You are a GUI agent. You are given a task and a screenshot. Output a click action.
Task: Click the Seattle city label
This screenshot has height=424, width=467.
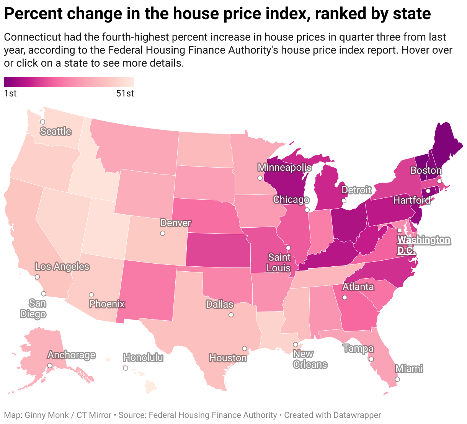(x=56, y=131)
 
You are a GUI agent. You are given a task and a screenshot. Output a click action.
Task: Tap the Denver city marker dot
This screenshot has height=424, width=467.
(x=163, y=233)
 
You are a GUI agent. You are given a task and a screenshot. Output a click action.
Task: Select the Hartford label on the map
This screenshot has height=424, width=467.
(x=411, y=200)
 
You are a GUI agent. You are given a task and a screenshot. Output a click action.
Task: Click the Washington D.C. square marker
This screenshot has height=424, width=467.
(x=399, y=230)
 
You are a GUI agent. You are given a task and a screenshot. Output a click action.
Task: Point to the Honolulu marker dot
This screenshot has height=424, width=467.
(x=126, y=368)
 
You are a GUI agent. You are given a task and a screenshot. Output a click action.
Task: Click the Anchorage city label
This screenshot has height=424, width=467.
(x=71, y=355)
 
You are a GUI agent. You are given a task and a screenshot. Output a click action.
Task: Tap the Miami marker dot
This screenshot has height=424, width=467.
(x=397, y=379)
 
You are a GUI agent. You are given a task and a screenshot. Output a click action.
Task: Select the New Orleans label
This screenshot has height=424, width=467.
(x=310, y=359)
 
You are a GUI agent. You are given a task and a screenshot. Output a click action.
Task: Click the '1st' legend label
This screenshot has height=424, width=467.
(x=10, y=94)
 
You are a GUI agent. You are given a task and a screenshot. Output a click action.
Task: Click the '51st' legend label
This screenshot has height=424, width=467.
(x=125, y=94)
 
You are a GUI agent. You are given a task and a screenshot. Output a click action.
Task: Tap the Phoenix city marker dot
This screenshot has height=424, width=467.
(x=91, y=295)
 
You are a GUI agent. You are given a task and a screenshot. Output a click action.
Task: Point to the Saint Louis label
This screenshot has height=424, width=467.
(x=279, y=262)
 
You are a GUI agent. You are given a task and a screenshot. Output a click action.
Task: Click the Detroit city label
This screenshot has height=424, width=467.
(x=356, y=190)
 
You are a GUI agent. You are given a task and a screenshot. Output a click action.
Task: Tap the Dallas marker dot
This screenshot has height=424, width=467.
(x=231, y=315)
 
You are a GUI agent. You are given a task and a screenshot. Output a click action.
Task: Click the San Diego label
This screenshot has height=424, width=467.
(x=33, y=309)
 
